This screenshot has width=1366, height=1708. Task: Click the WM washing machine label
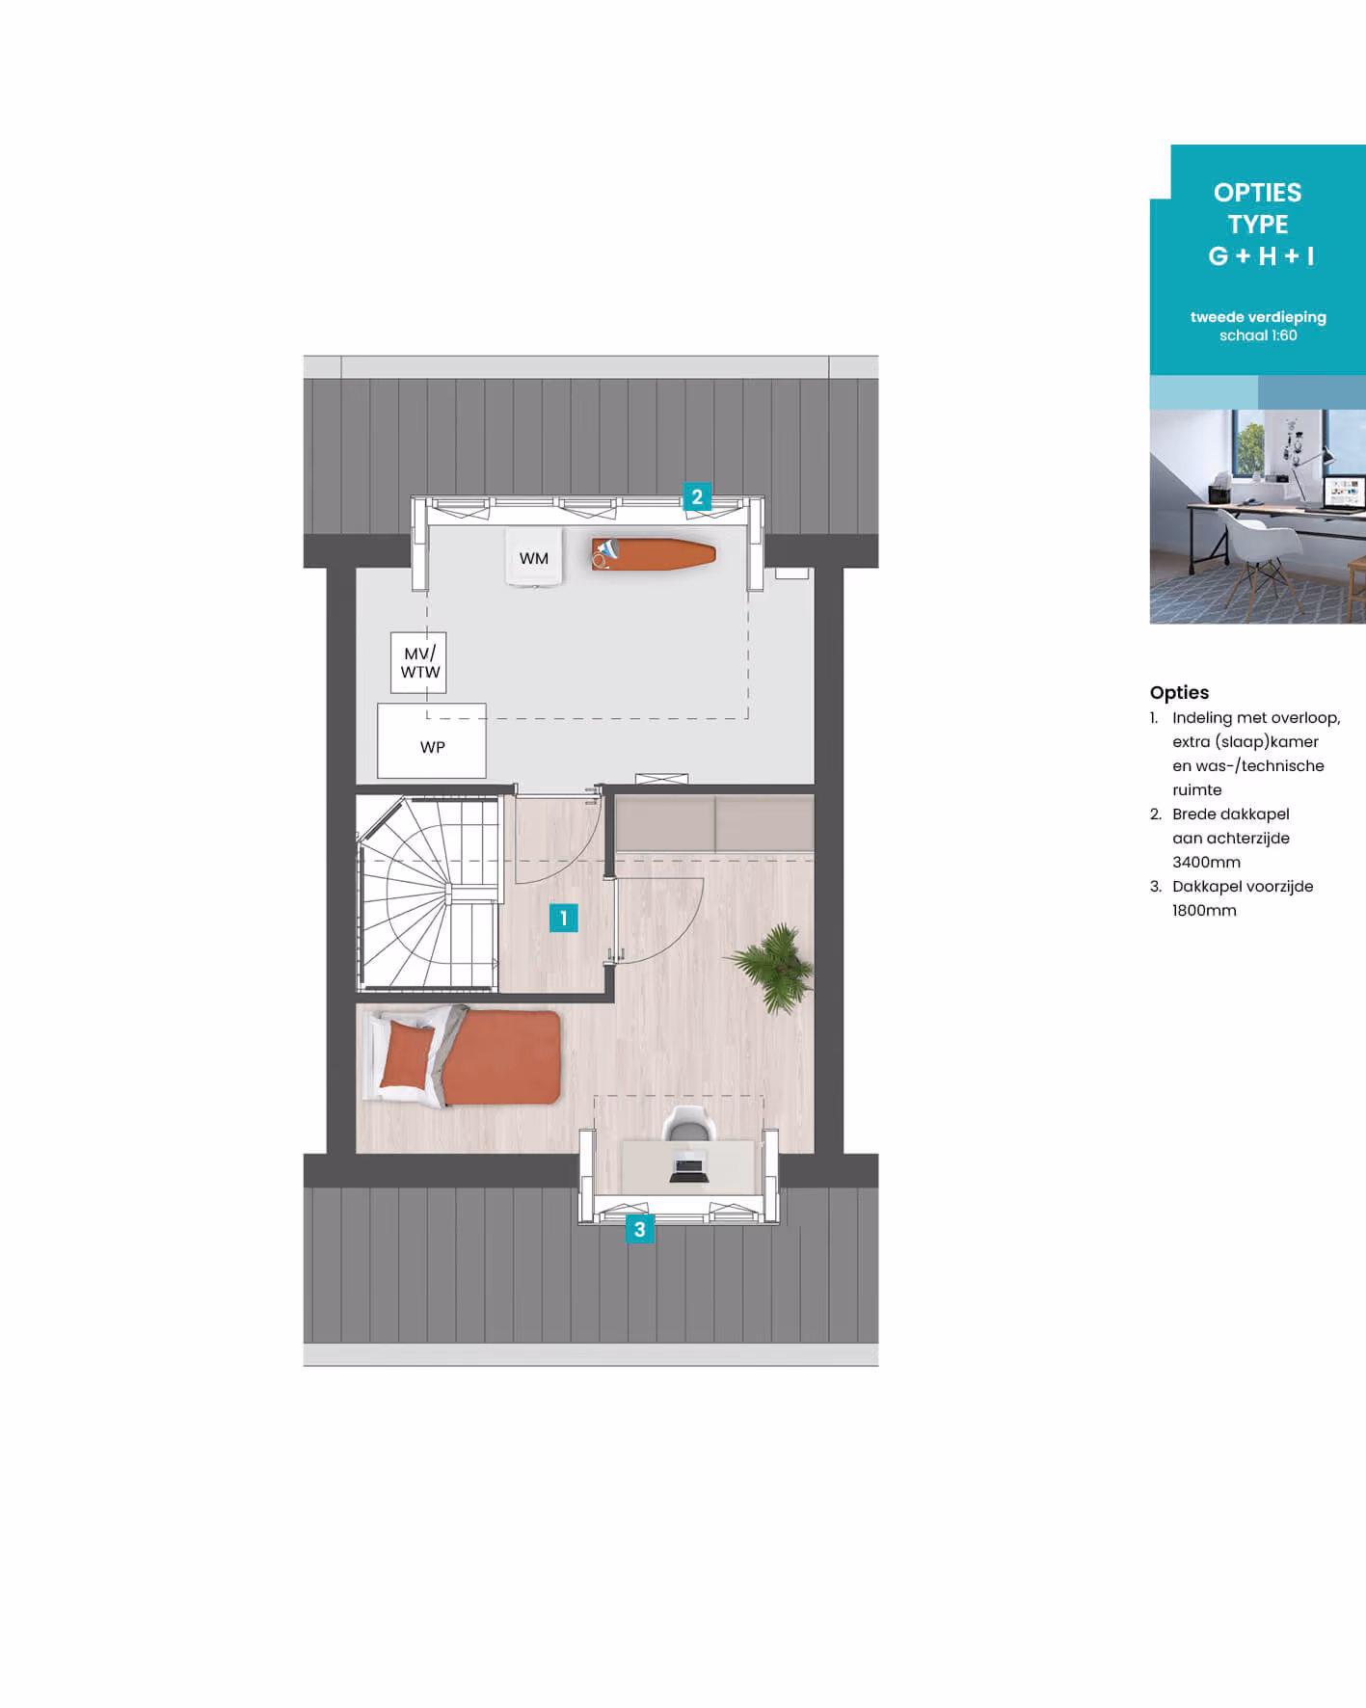533,558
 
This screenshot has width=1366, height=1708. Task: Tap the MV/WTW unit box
418,662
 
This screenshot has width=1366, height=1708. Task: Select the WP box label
432,747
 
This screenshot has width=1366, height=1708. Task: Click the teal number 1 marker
564,918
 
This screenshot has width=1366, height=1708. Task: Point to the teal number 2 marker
697,497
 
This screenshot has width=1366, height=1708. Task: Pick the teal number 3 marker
639,1229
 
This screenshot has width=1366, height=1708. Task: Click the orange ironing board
654,554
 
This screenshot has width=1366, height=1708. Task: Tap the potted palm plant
773,967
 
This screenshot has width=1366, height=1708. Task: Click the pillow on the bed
409,1054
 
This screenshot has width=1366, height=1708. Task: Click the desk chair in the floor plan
689,1123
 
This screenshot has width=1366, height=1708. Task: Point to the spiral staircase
428,893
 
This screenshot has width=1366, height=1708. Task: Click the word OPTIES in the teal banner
1257,193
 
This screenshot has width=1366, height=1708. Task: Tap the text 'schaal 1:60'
1258,335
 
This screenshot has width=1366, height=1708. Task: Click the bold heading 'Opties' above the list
1179,692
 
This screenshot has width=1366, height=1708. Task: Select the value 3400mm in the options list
1206,863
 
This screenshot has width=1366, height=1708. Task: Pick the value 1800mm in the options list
1204,911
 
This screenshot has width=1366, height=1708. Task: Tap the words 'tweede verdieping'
1258,317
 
